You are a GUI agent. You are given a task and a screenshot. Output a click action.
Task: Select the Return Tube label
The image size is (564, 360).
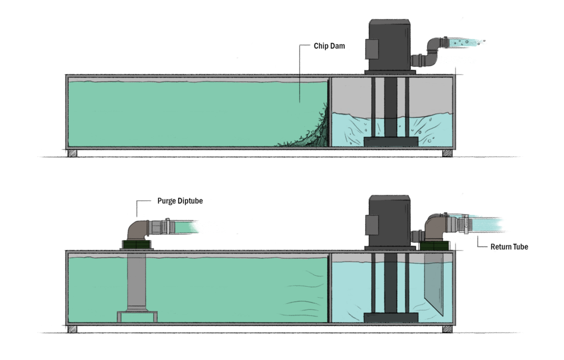[x=509, y=247]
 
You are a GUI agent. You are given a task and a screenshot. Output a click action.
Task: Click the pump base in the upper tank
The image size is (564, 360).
[x=391, y=141]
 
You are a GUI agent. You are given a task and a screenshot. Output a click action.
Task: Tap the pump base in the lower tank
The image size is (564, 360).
[x=391, y=317]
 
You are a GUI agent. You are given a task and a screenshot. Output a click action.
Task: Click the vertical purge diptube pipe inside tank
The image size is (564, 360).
[x=137, y=281]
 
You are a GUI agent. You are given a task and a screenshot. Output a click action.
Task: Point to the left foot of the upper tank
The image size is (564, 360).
[x=72, y=153]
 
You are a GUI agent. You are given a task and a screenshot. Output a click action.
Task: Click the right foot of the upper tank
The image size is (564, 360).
[x=447, y=153]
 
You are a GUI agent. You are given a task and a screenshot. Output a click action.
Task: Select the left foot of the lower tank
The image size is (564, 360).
[x=72, y=329]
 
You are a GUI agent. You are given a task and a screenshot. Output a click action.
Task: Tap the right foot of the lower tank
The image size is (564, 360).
[x=447, y=329]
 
